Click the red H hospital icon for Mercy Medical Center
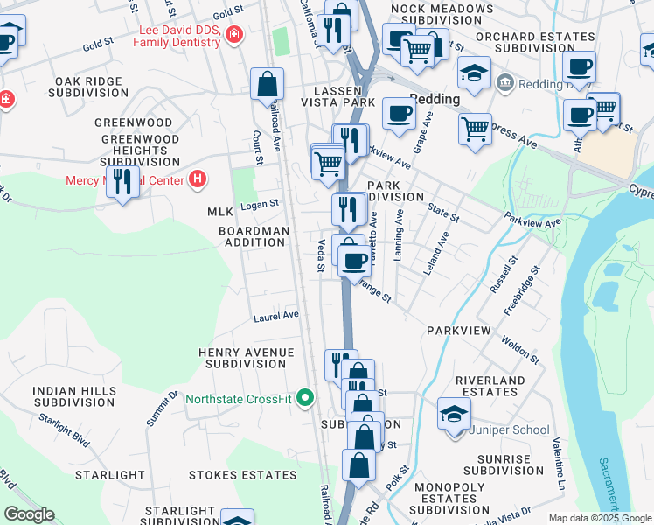point(198,180)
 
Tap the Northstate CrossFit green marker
point(305,399)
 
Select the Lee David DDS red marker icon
point(233,35)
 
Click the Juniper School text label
point(509,430)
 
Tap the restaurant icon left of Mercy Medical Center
point(122,182)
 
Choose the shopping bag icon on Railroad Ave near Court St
point(267,84)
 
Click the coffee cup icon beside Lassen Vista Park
point(399,113)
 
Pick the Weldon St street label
point(521,349)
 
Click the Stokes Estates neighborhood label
point(242,475)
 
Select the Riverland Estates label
point(490,386)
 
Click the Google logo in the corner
point(29,514)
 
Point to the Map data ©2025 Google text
point(600,518)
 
